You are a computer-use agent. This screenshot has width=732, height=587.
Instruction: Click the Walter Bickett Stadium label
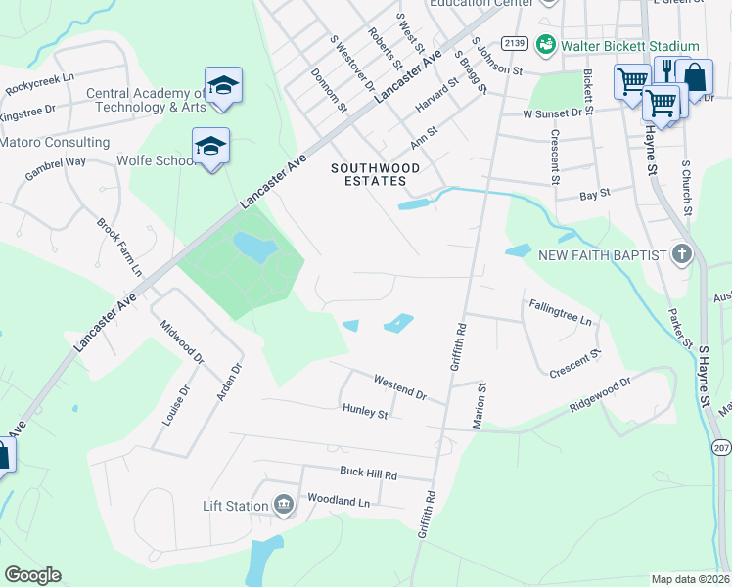coord(629,46)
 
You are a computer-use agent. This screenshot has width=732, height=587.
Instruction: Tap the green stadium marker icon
coord(548,46)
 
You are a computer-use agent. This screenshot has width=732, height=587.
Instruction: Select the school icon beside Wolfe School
coord(210,147)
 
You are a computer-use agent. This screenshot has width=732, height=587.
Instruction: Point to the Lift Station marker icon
coord(284,505)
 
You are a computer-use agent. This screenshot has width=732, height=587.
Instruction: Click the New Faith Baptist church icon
coord(682,255)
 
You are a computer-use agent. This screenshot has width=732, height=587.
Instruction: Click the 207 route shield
coord(722,447)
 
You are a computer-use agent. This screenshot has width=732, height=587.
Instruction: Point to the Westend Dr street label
coord(400,386)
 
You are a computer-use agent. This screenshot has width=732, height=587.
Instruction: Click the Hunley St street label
coord(365,413)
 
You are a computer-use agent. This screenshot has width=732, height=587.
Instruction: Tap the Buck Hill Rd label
coord(368,474)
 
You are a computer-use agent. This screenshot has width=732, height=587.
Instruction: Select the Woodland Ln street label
coord(338,501)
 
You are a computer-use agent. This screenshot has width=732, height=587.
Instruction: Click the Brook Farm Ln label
coord(119,246)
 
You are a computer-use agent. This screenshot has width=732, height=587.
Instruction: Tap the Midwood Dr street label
coord(182,344)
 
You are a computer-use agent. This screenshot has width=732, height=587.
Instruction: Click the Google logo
coord(32,575)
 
